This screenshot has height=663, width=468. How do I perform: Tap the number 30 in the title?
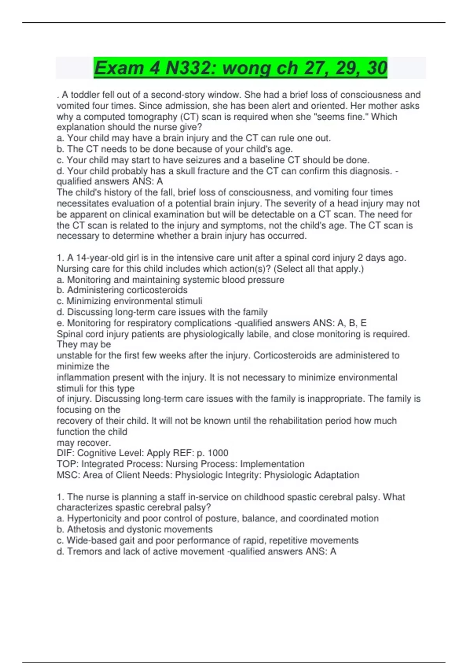tap(377, 68)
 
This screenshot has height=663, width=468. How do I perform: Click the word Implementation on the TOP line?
tap(272, 464)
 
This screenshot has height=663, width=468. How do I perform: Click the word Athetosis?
tap(86, 529)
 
